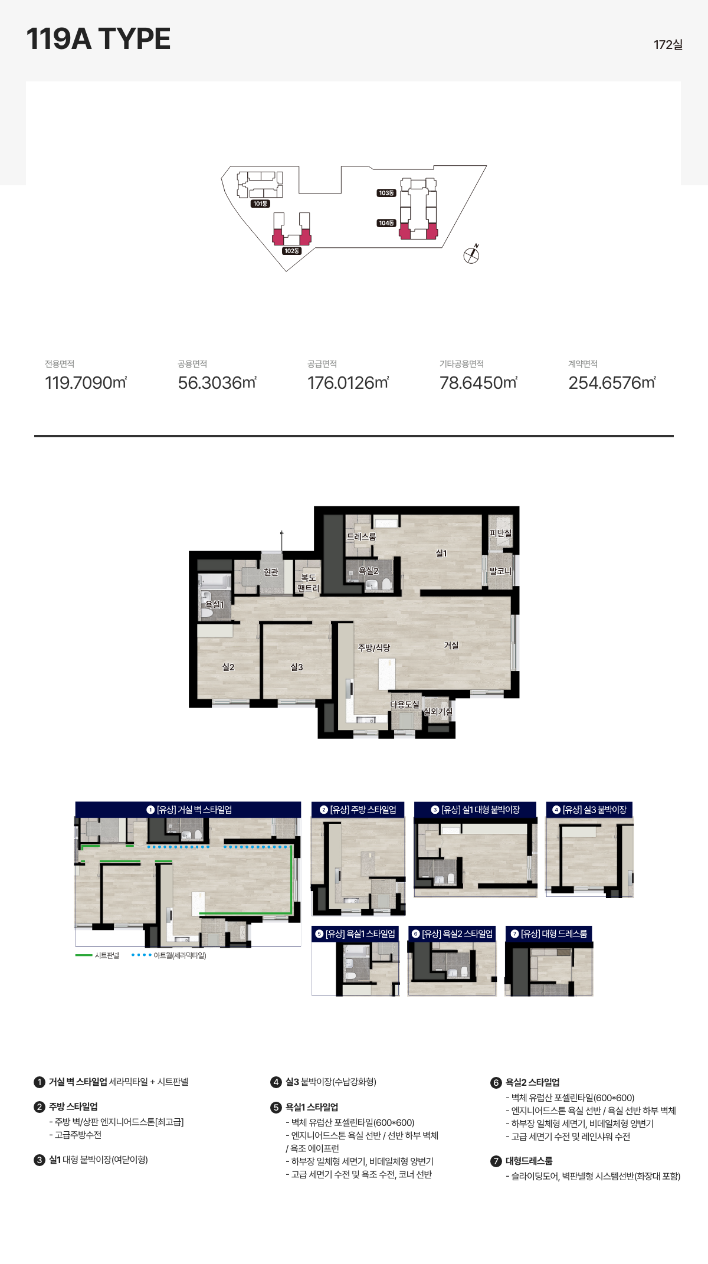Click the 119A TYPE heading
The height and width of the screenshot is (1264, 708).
tap(99, 39)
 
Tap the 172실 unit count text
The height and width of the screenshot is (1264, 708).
tap(668, 45)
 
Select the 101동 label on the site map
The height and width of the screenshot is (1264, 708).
tap(260, 204)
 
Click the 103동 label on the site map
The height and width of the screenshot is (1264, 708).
tap(386, 193)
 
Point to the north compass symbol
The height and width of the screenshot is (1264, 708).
tap(471, 254)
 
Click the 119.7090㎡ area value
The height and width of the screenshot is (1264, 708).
tap(86, 382)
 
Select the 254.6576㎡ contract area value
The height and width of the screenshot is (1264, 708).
tap(612, 382)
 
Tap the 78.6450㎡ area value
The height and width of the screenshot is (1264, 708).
tap(478, 382)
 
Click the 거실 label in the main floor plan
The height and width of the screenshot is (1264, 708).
tap(451, 645)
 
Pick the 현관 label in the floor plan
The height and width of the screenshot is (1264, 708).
tap(271, 572)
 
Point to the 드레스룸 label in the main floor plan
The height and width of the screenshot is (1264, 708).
tap(361, 536)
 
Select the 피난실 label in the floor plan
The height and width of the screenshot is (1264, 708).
tap(500, 533)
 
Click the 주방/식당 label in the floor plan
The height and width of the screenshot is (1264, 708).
tap(374, 647)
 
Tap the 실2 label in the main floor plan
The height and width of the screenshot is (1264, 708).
tap(228, 667)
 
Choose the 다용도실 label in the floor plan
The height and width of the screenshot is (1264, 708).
tap(405, 704)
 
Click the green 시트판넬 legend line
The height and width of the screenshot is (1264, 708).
tap(84, 955)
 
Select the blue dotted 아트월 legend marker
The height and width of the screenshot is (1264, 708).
tap(142, 955)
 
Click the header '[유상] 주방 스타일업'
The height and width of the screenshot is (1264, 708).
tap(358, 810)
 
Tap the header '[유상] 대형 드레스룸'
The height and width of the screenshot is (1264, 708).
tap(549, 934)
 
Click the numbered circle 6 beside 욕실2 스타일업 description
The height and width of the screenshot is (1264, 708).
tap(496, 1082)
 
